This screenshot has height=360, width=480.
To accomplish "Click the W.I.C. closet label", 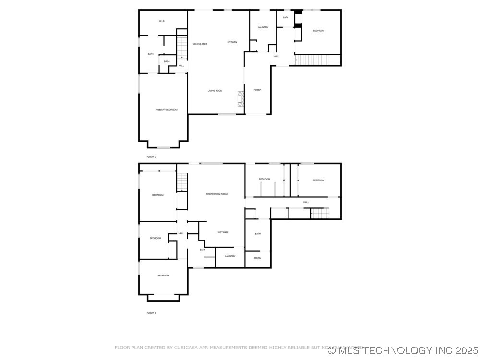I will coord(162,21).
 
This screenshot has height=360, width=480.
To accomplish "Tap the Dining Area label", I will coord(200,44).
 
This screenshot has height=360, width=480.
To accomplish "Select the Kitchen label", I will coord(232,42).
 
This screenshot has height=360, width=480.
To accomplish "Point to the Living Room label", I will coord(215,91).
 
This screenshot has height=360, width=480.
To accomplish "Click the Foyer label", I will coord(258,90).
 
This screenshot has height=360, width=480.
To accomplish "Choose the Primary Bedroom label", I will coord(167,110).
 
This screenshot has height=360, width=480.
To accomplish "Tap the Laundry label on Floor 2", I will coord(263,27).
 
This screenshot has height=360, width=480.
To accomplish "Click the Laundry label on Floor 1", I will coord(230,256).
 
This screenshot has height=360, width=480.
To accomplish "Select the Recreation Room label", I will coord(216,194).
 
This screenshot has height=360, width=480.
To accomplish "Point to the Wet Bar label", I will coord(223,232).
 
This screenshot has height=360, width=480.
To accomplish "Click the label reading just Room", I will coord(258,258).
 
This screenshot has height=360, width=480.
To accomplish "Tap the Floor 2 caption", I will coord(151,157).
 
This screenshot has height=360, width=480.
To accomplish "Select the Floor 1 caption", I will coord(151,313).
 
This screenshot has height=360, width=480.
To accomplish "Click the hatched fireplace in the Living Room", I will coord(242,99).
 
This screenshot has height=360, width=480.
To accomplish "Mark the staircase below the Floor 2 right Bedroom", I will coord(312,60).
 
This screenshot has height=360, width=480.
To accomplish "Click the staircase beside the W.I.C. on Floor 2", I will coord(182,47).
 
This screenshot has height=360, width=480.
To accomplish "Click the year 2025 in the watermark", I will coord(466,350).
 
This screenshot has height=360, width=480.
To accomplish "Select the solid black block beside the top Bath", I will coord(298,12).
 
